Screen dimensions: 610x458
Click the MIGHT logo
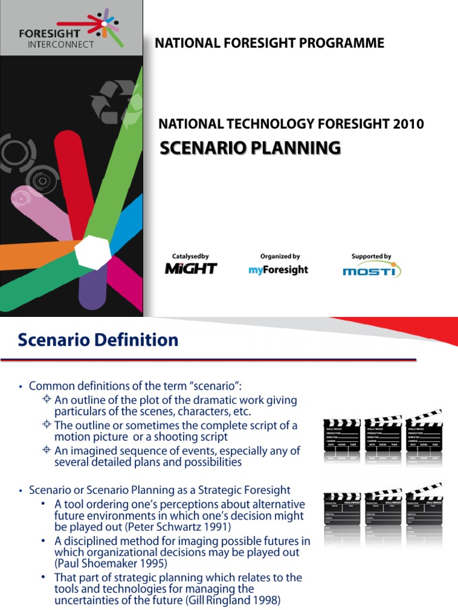pyautogui.click(x=191, y=269)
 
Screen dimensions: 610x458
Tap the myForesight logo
pyautogui.click(x=278, y=270)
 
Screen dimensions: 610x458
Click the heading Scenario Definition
pyautogui.click(x=98, y=340)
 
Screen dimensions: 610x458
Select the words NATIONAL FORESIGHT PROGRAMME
pyautogui.click(x=270, y=43)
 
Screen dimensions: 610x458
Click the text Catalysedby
pyautogui.click(x=190, y=256)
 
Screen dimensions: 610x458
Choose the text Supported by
pyautogui.click(x=371, y=256)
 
